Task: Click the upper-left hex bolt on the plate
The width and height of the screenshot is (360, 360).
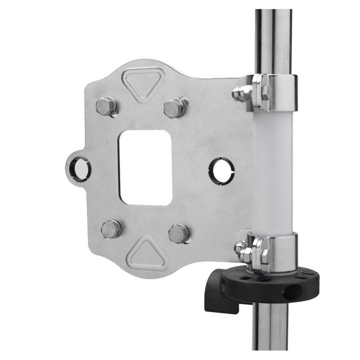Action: coord(106,106)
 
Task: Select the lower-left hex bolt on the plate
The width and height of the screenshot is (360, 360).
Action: coord(111,229)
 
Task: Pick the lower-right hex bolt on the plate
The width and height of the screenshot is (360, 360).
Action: coord(179,233)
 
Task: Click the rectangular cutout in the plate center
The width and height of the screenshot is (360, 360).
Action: coord(146,167)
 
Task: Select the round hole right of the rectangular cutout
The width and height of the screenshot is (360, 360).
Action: coord(221,171)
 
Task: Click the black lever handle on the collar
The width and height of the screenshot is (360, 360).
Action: coord(216,295)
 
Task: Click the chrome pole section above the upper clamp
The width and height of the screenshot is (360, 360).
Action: coord(273,40)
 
